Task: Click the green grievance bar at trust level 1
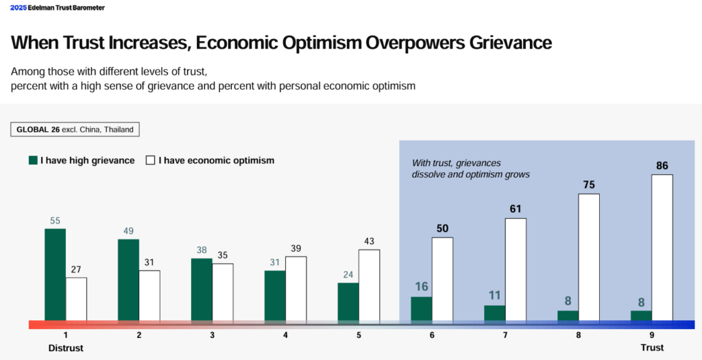coord(56,274)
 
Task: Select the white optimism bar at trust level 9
coord(662,248)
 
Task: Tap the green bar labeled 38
coord(202,289)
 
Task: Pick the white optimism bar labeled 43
coord(369,285)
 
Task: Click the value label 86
coord(662,165)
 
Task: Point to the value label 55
coord(56,220)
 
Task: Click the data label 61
coord(516,209)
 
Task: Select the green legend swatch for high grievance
coord(33,160)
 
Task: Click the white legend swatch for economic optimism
coord(151,160)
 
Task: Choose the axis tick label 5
coord(359,335)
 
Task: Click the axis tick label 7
coord(505,335)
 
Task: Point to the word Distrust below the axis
coord(66,348)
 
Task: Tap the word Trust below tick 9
coord(652,348)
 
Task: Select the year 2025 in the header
coord(19,8)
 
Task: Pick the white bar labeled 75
coord(589,257)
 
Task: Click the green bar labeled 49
coord(128,280)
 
